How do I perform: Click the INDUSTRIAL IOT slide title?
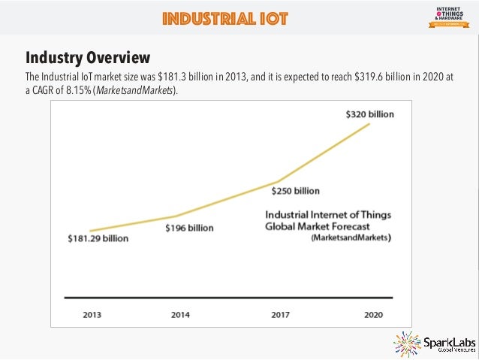[x=224, y=18]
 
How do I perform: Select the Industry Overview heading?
[x=88, y=58]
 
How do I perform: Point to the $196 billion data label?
[x=189, y=227]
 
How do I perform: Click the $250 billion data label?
[x=295, y=190]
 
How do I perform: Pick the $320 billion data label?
[x=369, y=114]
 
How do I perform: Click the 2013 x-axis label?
[x=93, y=315]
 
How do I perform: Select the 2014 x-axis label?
[x=181, y=315]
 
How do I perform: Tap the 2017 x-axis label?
[x=280, y=315]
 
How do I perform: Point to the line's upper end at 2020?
[x=369, y=123]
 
